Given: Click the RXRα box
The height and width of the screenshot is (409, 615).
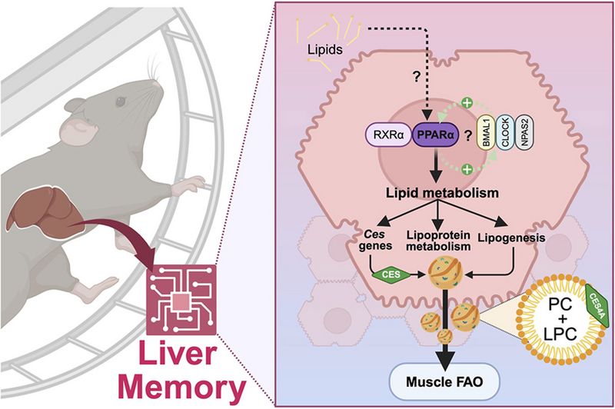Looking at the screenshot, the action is pos(389,135).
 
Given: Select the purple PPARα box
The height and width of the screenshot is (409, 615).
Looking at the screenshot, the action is pos(434,135).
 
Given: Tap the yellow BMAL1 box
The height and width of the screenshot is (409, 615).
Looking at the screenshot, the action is pos(486,133).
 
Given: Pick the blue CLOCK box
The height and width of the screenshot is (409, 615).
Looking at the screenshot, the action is pos(505,133).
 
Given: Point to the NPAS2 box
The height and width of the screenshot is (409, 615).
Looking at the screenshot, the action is pos(524,133).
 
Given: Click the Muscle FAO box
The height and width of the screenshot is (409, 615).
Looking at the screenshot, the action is pos(444,381).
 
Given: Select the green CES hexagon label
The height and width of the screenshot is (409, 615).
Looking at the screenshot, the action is pos(391,274).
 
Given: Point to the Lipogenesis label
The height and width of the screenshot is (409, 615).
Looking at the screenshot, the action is pos(511,238).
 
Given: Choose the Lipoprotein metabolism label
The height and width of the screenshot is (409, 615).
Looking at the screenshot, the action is pos(438,241).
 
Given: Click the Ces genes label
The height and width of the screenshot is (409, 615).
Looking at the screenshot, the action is pos(375,240).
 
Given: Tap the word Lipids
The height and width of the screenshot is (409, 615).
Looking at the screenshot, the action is pos(324,50).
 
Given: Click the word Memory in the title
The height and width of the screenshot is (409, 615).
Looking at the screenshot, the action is pos(182,387).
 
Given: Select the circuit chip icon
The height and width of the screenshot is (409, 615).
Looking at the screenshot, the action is pos(181,300).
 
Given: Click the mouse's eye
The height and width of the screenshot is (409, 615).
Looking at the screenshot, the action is pos(120,102).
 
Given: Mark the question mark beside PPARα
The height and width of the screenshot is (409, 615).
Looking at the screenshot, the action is pos(468,135).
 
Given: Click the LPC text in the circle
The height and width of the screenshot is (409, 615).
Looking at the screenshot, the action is pos(560,334).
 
